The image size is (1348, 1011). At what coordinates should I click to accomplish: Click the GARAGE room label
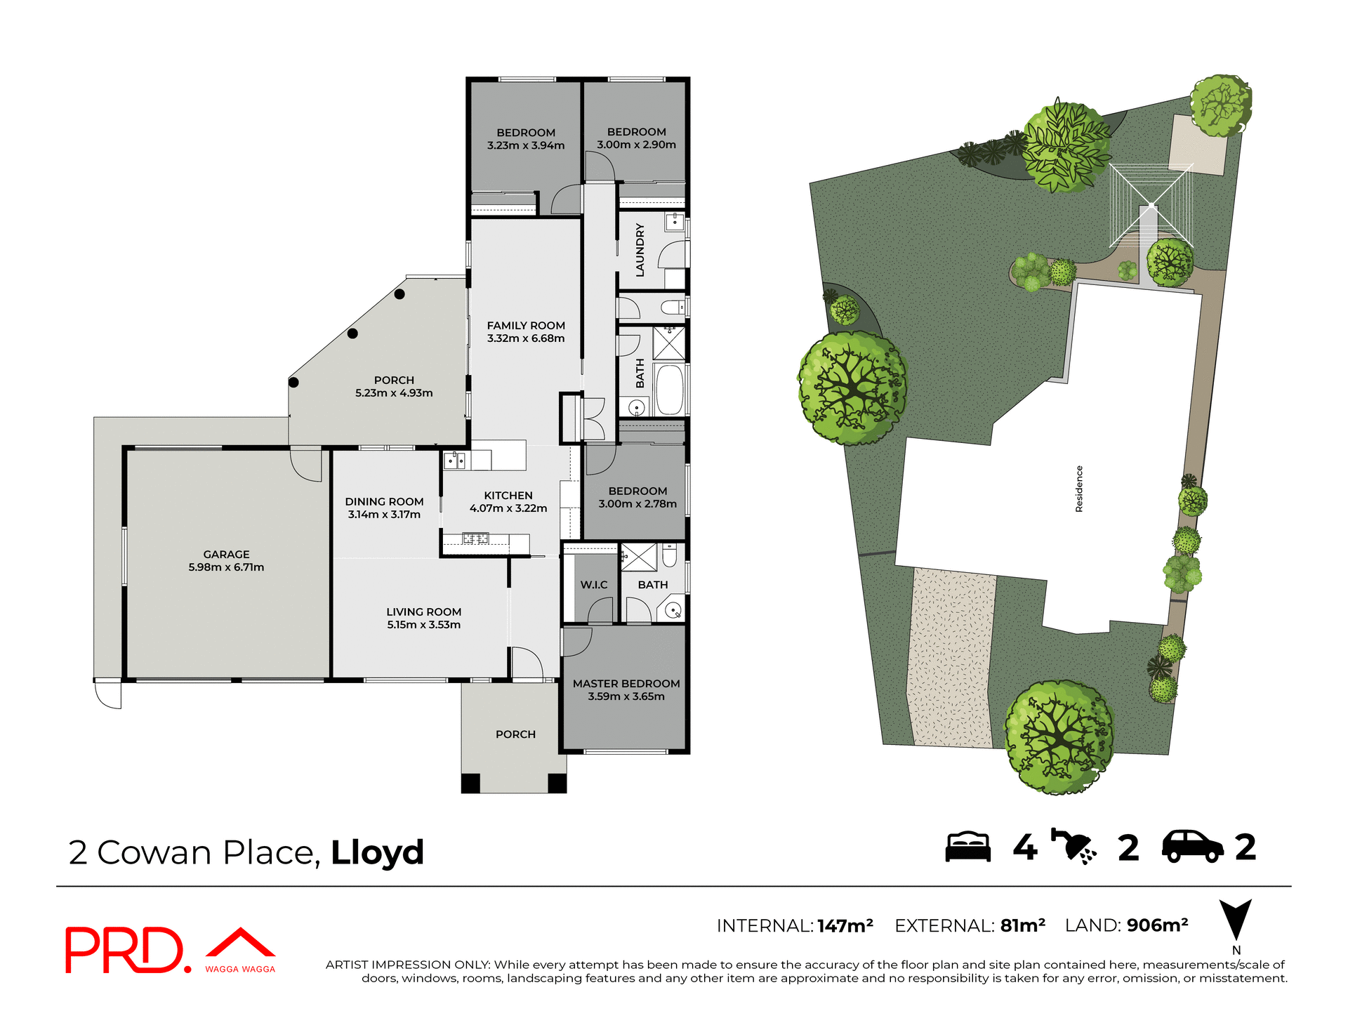click(226, 555)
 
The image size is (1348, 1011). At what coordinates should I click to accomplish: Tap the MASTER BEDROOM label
click(626, 684)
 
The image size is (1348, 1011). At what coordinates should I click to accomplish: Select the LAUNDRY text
click(640, 250)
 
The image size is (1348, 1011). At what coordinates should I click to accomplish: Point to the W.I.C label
click(594, 585)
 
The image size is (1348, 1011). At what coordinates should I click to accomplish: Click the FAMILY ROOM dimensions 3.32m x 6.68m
click(526, 338)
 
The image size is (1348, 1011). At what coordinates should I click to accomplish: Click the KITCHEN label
click(508, 496)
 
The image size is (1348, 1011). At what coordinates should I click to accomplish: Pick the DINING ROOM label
click(384, 502)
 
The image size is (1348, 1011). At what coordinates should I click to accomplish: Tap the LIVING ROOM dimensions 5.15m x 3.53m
click(423, 625)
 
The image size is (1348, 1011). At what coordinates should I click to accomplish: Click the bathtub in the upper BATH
click(669, 390)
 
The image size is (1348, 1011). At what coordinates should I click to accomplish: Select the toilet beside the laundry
click(672, 308)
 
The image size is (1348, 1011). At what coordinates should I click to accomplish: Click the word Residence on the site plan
click(1079, 489)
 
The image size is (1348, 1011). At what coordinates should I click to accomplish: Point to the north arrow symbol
click(1235, 920)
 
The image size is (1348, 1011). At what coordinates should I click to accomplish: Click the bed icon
click(968, 847)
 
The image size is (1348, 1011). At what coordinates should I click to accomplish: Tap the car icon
click(1192, 847)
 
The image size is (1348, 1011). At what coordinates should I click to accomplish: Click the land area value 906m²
click(1157, 925)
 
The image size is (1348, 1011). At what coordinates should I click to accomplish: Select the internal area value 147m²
click(845, 926)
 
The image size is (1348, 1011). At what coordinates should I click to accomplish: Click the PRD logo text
click(124, 951)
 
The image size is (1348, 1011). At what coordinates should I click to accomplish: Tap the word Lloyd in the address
click(377, 853)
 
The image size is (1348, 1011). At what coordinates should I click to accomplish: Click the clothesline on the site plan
click(1151, 205)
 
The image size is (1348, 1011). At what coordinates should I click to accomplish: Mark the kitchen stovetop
click(475, 538)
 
